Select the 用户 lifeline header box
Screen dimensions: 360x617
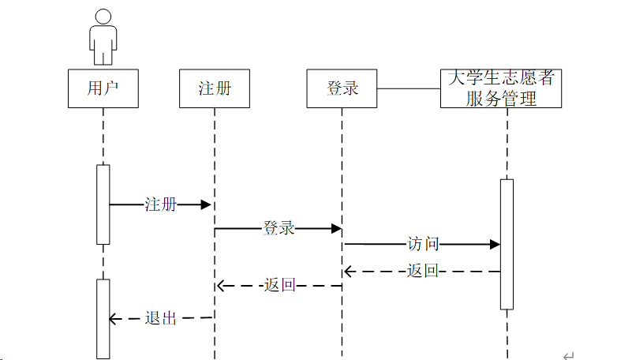[103, 88]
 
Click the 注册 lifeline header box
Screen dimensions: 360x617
[215, 88]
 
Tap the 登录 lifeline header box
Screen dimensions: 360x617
[342, 88]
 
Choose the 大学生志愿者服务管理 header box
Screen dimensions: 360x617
[501, 88]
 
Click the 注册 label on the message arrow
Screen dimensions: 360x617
[161, 205]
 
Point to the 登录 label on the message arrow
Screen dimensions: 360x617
[279, 229]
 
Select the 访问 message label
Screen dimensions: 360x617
[423, 245]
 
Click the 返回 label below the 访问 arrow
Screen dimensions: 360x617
[423, 272]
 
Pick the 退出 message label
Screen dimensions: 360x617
[161, 319]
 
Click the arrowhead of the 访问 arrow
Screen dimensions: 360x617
[495, 245]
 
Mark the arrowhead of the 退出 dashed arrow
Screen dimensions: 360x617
[113, 319]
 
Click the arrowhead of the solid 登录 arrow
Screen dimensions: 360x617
[336, 229]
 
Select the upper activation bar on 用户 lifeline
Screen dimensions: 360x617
[103, 204]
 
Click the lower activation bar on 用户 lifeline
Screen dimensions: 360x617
[103, 318]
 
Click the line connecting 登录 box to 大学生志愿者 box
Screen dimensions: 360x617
[409, 88]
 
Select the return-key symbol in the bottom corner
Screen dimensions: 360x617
[569, 355]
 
